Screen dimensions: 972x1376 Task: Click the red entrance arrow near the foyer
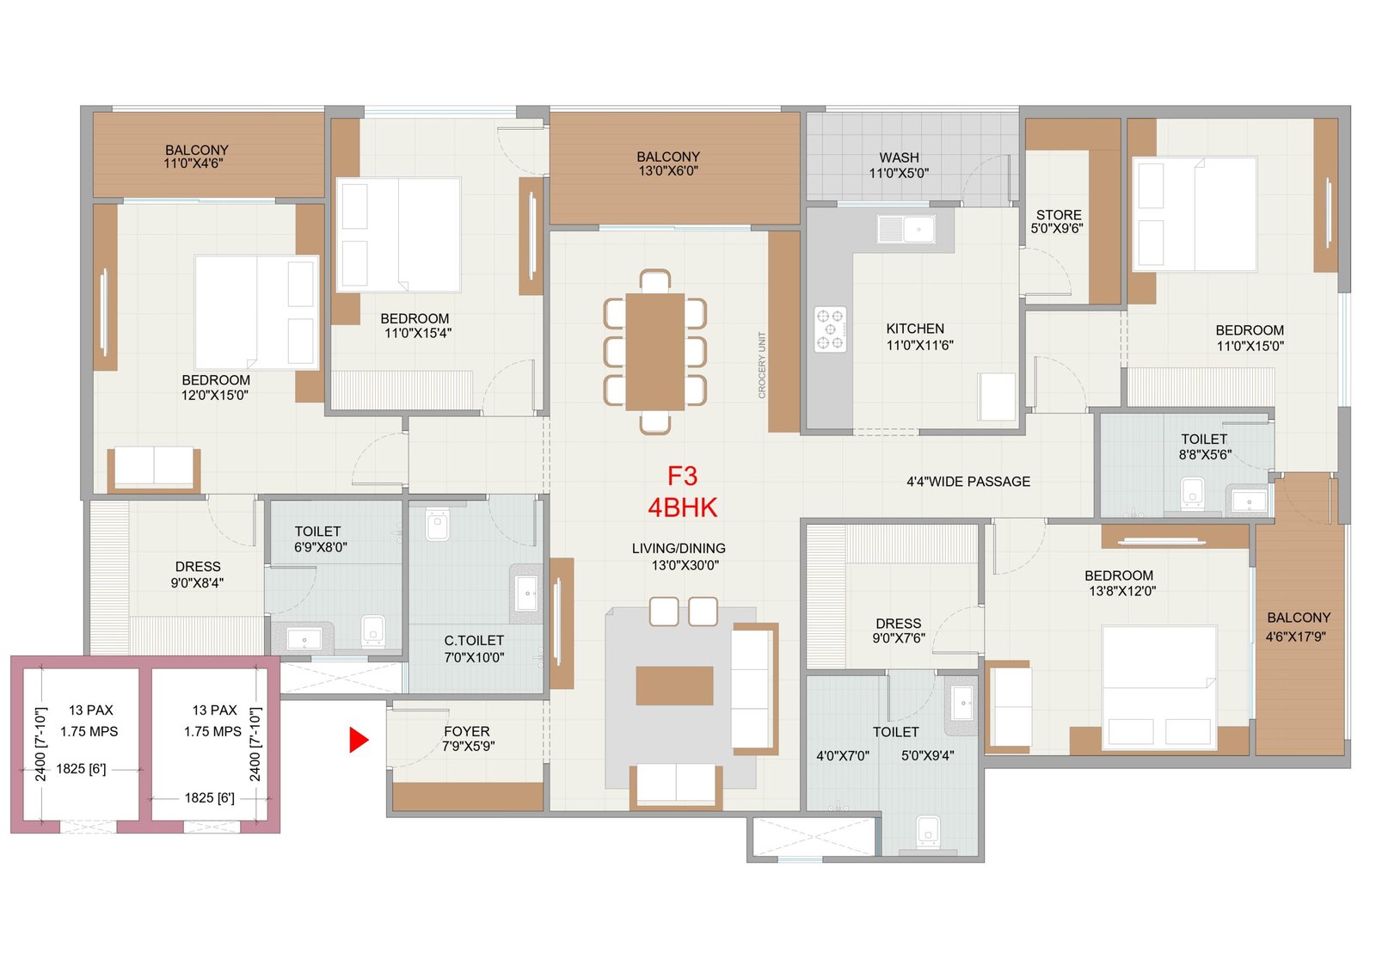click(358, 740)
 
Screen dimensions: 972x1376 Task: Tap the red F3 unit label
click(682, 477)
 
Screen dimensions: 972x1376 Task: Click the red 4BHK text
click(682, 508)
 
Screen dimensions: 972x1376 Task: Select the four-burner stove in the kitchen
click(830, 329)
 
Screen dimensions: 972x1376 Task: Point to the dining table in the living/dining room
click(654, 352)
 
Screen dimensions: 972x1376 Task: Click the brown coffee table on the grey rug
click(674, 686)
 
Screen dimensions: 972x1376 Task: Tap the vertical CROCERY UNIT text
click(762, 366)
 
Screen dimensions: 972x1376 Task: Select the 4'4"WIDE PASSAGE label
click(968, 482)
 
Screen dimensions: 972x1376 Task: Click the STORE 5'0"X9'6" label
click(1058, 221)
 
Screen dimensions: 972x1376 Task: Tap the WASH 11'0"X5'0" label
click(899, 165)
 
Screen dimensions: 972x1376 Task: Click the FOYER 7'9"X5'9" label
click(467, 738)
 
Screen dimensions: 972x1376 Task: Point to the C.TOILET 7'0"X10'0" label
click(474, 649)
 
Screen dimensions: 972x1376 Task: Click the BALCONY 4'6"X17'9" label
click(1298, 627)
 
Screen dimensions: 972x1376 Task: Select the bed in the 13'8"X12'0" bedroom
click(1158, 688)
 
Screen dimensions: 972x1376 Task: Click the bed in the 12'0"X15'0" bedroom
click(256, 312)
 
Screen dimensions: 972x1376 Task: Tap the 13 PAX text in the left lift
click(91, 710)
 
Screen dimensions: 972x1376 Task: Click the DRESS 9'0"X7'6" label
click(899, 631)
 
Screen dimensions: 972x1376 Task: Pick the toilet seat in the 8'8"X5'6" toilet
click(1192, 495)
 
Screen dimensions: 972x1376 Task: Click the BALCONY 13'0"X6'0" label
click(668, 163)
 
